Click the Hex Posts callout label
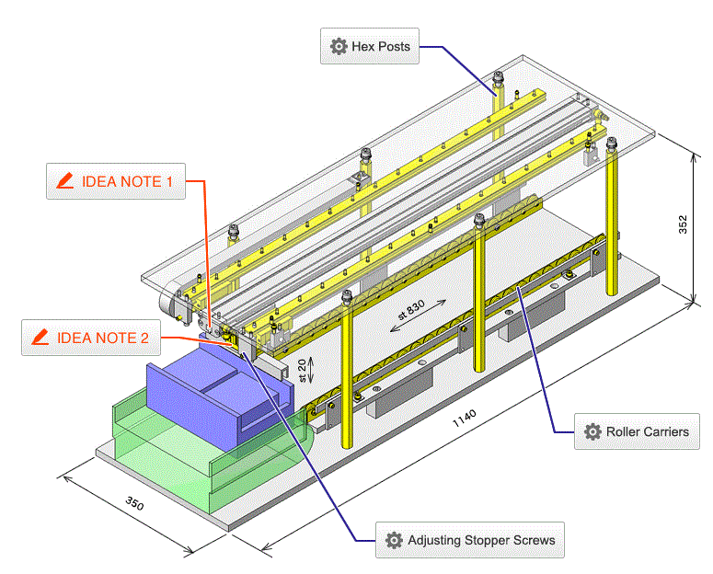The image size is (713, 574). click(x=370, y=46)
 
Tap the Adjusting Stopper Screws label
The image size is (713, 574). click(x=469, y=540)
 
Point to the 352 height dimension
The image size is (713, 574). click(x=682, y=224)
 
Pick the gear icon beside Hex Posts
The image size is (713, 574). click(x=339, y=46)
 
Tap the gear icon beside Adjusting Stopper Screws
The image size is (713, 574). click(x=394, y=540)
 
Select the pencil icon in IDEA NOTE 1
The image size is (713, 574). click(x=64, y=181)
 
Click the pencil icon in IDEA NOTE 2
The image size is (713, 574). click(x=40, y=338)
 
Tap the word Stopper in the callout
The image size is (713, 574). click(x=489, y=540)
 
